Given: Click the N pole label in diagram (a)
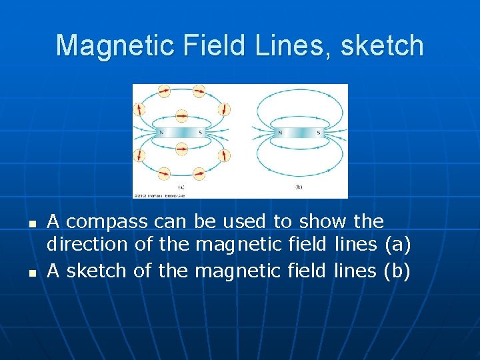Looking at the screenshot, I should [x=160, y=133].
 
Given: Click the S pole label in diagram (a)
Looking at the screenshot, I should [x=200, y=133].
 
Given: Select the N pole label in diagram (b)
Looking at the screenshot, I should [x=279, y=133].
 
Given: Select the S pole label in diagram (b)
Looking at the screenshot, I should [x=319, y=133].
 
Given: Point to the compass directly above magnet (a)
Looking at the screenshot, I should [x=181, y=116].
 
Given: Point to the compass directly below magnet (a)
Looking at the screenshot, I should [x=181, y=149].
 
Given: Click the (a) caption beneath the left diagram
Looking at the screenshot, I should [x=181, y=187].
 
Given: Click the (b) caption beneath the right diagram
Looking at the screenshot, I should [x=299, y=187].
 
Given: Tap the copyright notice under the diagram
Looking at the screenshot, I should [x=160, y=195].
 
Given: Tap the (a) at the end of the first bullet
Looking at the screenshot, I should [x=398, y=245].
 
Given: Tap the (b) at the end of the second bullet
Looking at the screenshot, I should [x=398, y=271].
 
